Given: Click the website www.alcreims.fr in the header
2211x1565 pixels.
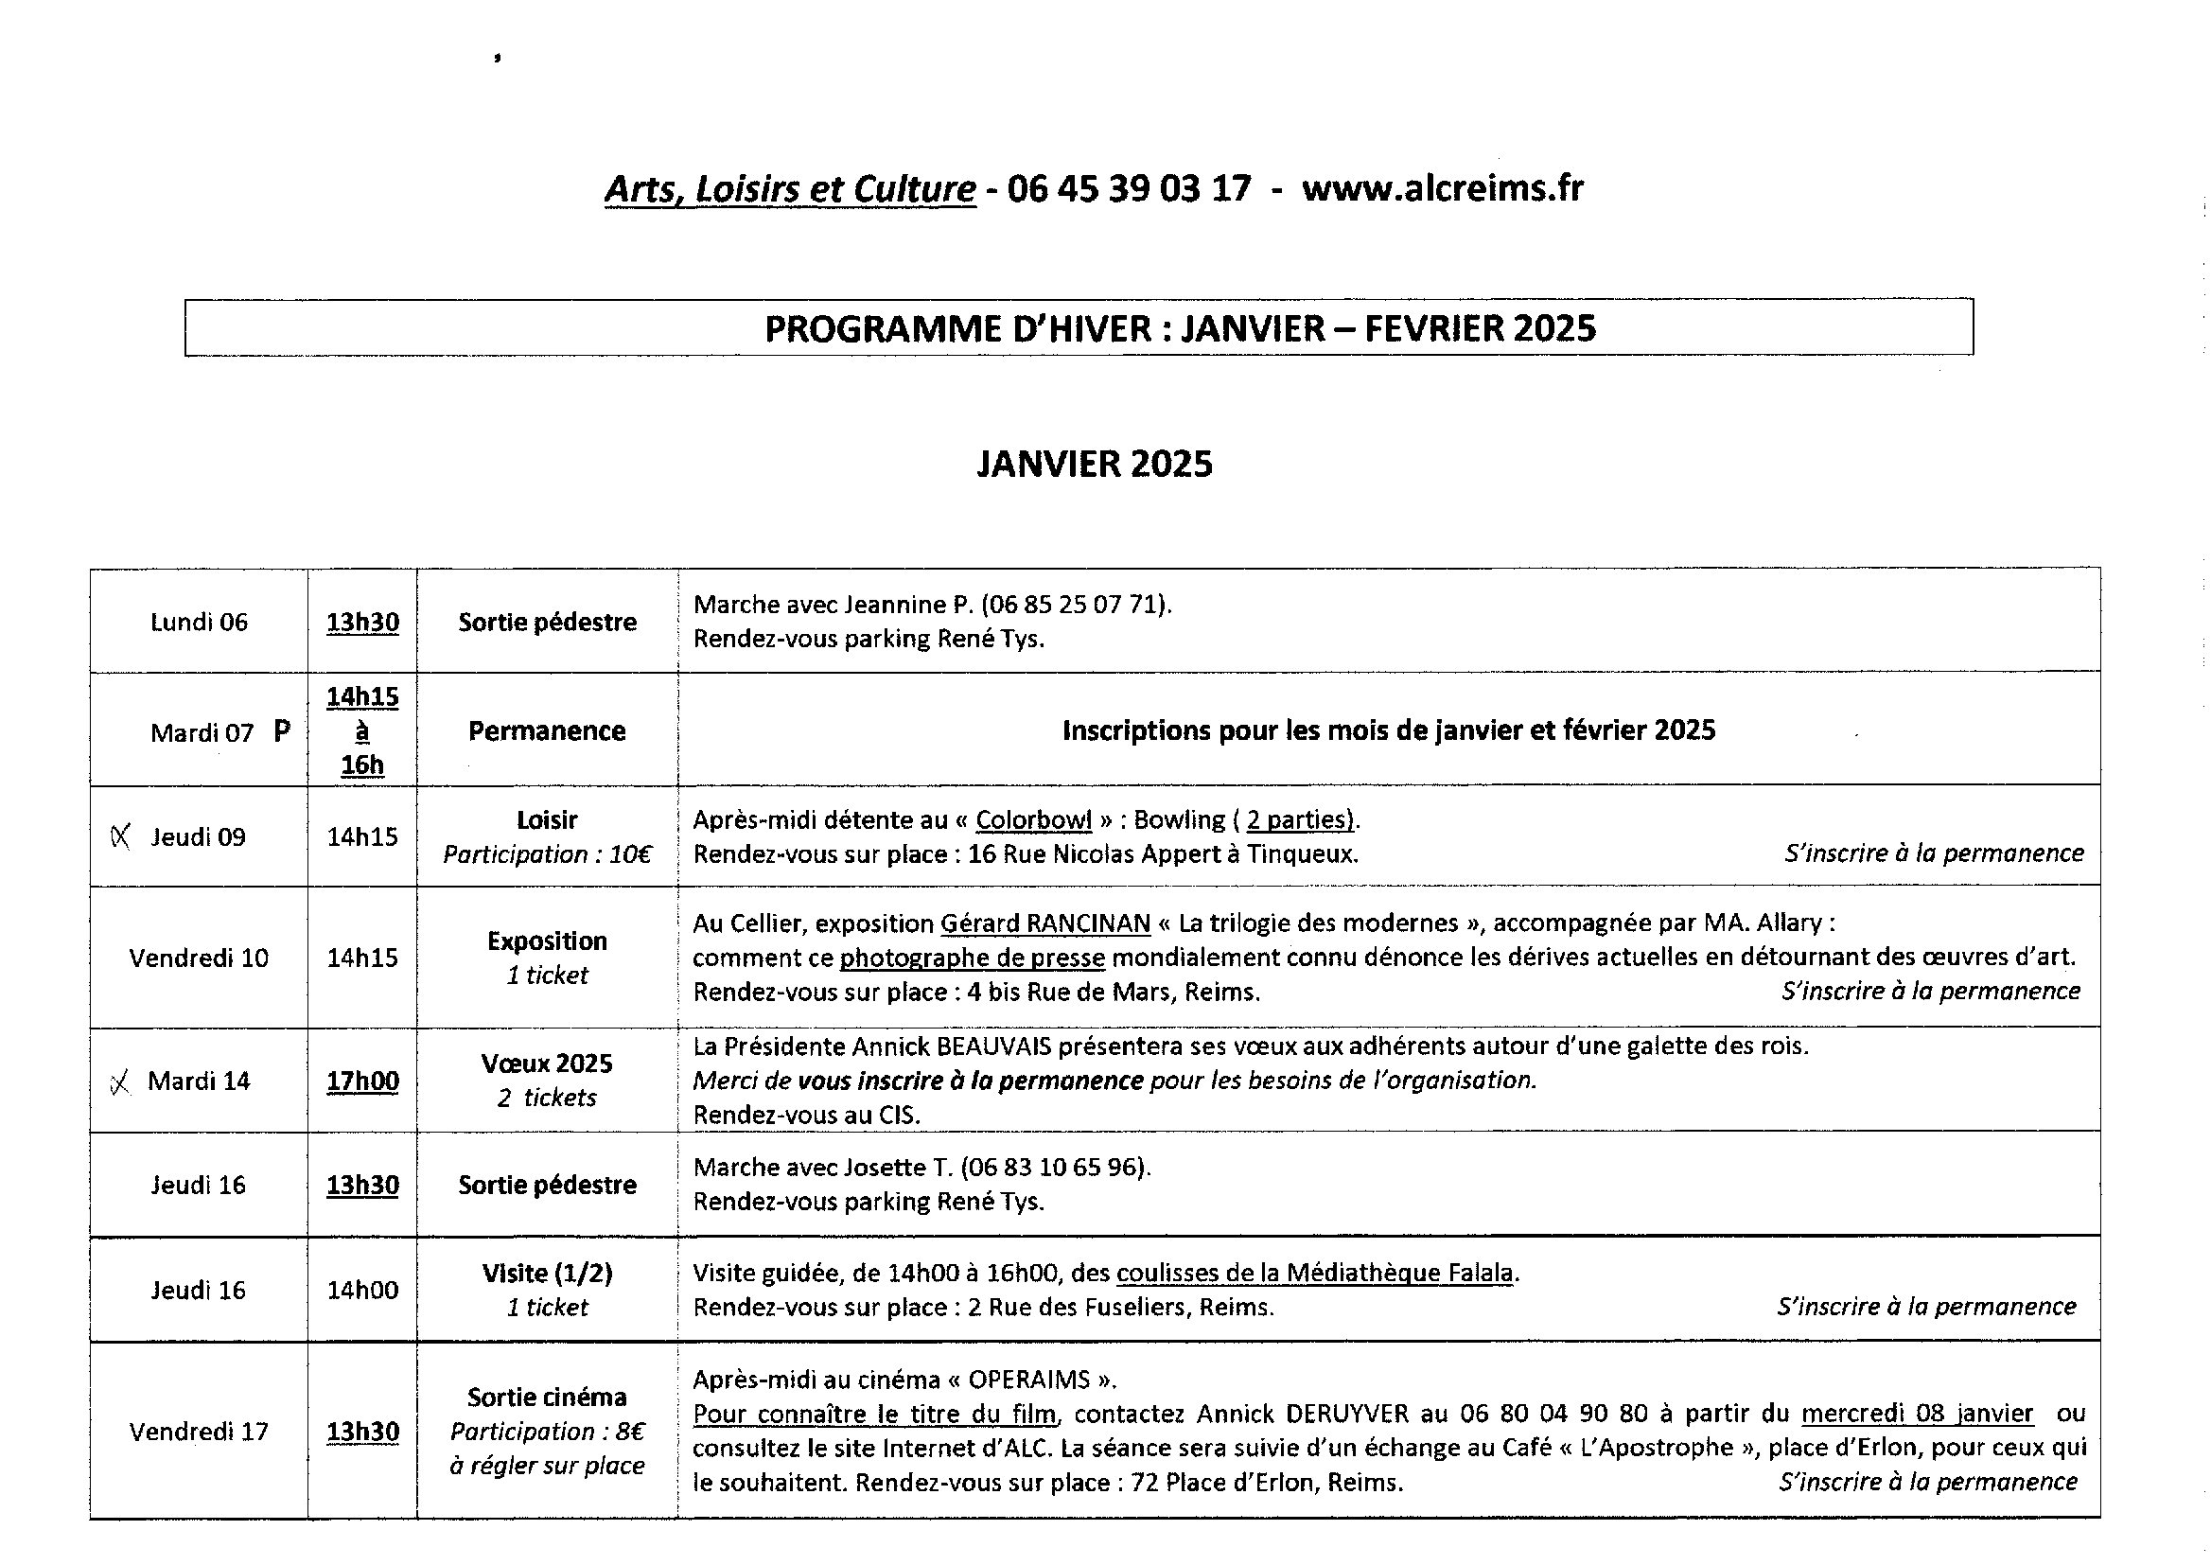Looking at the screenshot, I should click(x=1441, y=188).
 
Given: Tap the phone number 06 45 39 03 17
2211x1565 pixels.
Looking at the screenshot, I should click(x=1128, y=188).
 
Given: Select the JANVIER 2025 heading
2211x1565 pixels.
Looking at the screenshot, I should click(x=1095, y=465).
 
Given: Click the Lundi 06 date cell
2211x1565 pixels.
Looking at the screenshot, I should click(x=199, y=623).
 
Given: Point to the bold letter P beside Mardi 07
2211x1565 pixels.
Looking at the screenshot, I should click(x=281, y=731).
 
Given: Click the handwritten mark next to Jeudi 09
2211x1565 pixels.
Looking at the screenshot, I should click(x=120, y=836).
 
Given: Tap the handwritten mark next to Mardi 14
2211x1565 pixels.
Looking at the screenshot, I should click(x=120, y=1083).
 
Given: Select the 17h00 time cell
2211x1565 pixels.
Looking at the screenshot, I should click(x=362, y=1081).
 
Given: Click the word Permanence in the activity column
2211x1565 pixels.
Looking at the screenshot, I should click(x=546, y=731).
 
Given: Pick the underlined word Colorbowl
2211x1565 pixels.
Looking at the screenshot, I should click(x=1033, y=820).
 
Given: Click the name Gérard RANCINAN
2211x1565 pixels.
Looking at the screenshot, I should click(x=1045, y=923).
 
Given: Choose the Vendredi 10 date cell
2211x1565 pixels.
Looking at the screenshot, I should click(x=199, y=958).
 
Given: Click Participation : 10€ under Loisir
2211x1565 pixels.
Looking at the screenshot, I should click(x=546, y=854).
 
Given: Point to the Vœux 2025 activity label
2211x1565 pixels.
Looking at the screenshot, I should click(x=546, y=1064).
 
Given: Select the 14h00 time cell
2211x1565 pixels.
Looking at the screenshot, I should click(x=362, y=1291).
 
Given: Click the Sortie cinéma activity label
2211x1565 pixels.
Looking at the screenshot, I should click(x=546, y=1398).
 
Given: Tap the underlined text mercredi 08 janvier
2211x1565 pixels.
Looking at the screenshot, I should click(x=1916, y=1414).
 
